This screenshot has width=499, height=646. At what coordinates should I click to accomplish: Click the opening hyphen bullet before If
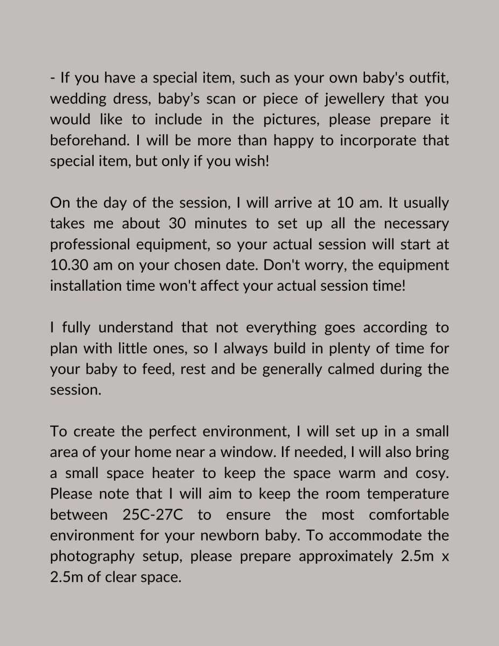click(52, 79)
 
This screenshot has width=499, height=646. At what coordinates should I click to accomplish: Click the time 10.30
click(71, 265)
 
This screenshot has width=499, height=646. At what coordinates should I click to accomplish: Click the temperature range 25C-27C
click(153, 515)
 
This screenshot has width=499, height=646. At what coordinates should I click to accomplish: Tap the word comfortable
click(409, 515)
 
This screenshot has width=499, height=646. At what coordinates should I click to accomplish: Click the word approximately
click(346, 557)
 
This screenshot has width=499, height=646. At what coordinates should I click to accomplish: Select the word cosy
click(431, 473)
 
